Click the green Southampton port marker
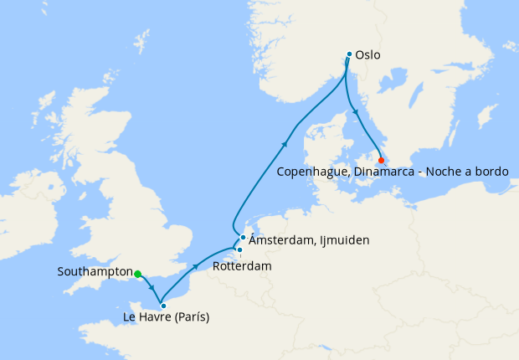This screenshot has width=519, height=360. click(x=137, y=273)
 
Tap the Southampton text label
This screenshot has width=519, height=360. click(x=95, y=272)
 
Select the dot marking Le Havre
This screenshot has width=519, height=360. click(x=163, y=306)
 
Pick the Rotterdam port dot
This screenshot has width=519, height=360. click(x=239, y=249)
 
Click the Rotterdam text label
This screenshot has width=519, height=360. click(x=243, y=265)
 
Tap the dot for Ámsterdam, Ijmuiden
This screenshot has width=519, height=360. click(x=243, y=237)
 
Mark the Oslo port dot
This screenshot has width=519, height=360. click(x=349, y=54)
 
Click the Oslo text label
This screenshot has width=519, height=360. click(x=367, y=55)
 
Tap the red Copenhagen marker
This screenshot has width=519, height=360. click(x=382, y=160)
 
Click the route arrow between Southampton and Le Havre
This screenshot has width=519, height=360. click(x=152, y=289)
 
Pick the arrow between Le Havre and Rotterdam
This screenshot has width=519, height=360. click(x=196, y=266)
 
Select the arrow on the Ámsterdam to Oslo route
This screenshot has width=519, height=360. click(x=285, y=143)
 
